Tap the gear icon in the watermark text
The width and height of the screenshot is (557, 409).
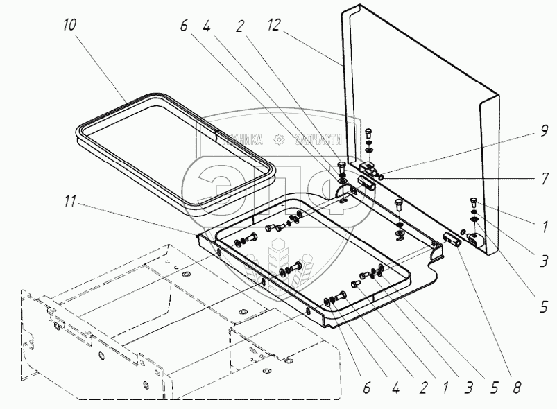coord(280,139)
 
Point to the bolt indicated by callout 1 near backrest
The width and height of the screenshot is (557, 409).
coord(473,202)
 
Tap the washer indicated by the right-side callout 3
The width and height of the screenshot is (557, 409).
coord(474,220)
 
